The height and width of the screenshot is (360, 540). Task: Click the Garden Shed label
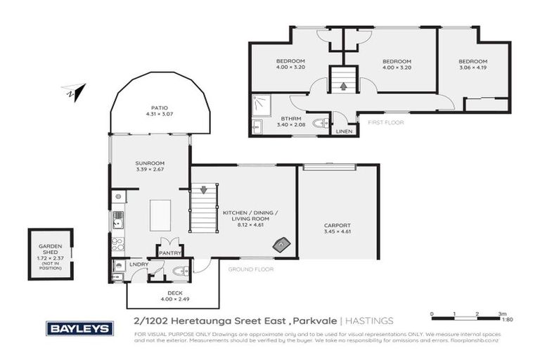(51, 250)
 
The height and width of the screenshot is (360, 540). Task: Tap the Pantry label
(170, 252)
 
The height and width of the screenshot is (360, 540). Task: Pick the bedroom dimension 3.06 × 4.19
(472, 68)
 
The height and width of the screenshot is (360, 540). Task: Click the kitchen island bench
(161, 214)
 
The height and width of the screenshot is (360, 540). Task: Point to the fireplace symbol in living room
(281, 244)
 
